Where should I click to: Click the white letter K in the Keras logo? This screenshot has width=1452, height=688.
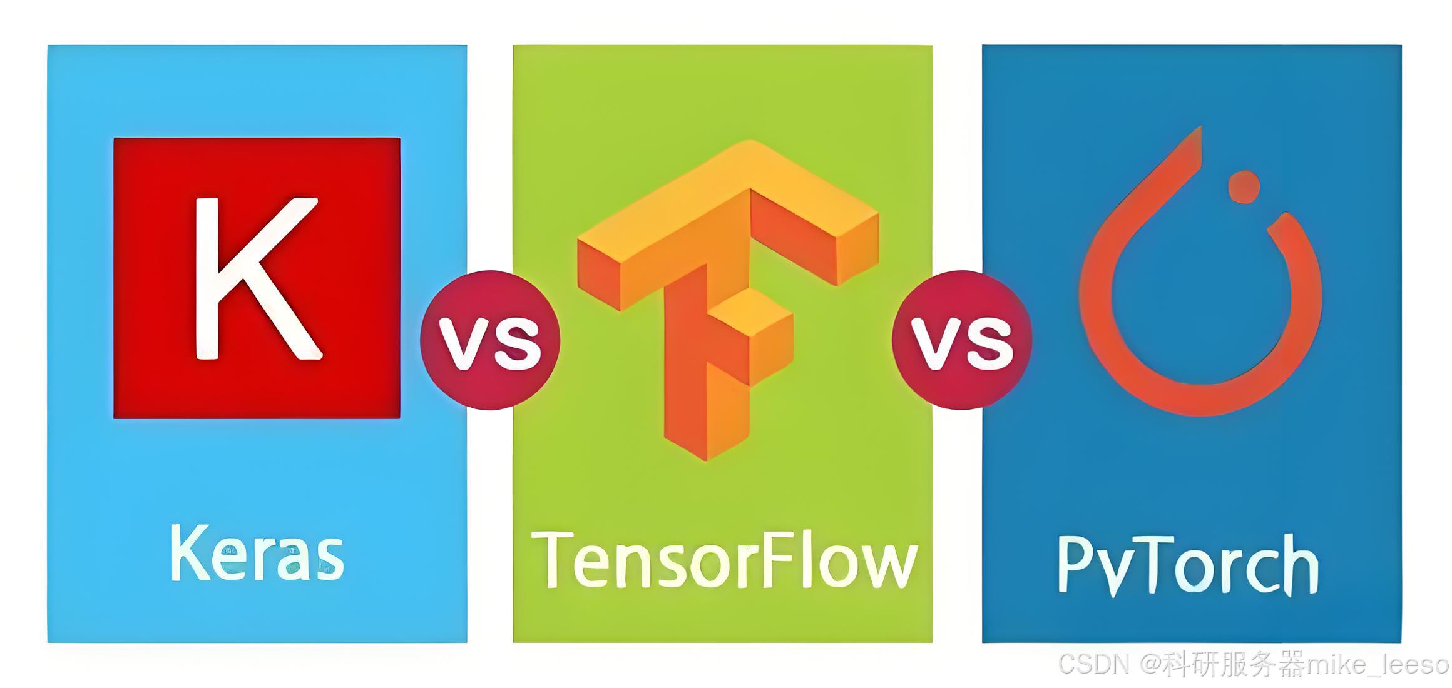point(250,278)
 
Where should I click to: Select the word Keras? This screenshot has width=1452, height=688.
point(257,554)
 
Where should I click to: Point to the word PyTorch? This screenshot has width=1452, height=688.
point(1187,563)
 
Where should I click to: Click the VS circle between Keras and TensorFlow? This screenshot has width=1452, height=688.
point(490,340)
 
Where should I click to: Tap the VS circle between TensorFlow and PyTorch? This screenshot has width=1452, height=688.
point(962,340)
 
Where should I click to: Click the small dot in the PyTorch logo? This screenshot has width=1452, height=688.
point(1244,187)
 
